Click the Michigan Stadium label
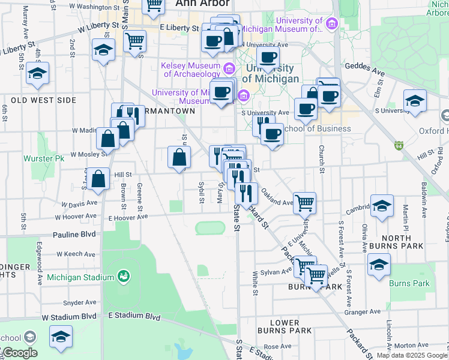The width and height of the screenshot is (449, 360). [80, 277]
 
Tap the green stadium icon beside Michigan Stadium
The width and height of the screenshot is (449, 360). [124, 277]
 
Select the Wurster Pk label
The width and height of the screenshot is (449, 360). [43, 159]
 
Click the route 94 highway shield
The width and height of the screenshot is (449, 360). [399, 145]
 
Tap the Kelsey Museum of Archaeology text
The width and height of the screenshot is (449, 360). [190, 70]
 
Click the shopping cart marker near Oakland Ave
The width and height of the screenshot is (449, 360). [304, 203]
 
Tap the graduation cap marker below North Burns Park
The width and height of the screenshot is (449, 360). [379, 265]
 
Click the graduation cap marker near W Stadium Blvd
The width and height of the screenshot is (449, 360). [61, 337]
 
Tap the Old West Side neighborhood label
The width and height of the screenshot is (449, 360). [40, 100]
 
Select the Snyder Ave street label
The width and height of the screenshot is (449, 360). [80, 302]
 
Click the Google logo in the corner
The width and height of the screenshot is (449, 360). [19, 353]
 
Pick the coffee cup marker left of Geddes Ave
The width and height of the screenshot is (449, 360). [268, 58]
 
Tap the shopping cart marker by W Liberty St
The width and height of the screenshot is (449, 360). [134, 41]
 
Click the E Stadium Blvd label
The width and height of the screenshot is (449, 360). [135, 316]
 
